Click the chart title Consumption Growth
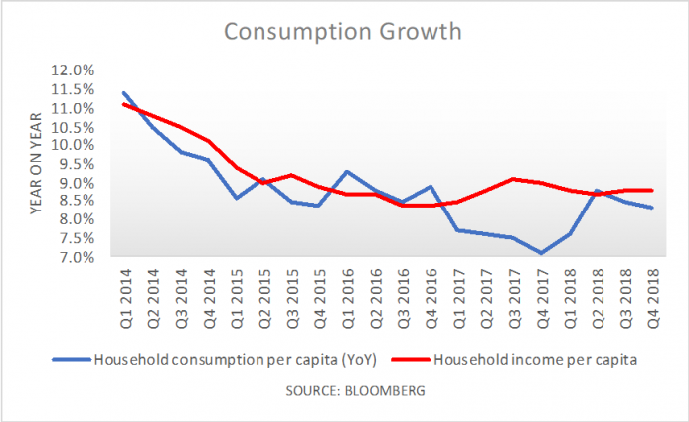coord(343,32)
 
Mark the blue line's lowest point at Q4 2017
coord(541,253)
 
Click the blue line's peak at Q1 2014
coord(124,93)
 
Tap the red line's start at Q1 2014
coord(124,104)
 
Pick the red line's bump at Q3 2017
coord(513,179)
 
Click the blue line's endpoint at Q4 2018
coord(651,208)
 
